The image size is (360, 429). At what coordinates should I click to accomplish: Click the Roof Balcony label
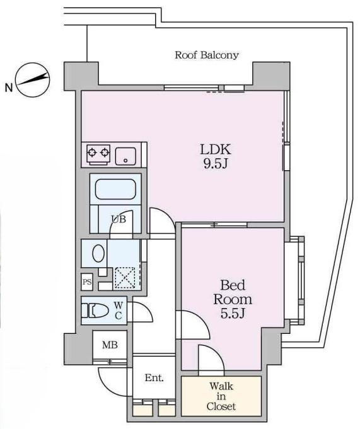coord(207,55)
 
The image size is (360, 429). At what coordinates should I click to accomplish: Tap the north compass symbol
coord(33,79)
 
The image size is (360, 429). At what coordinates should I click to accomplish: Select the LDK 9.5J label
coord(216,156)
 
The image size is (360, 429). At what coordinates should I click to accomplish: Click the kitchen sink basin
coord(125,156)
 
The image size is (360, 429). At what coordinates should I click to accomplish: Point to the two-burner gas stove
coord(98,155)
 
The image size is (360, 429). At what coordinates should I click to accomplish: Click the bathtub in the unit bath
coord(115,190)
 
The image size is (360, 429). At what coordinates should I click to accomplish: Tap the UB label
coord(119,219)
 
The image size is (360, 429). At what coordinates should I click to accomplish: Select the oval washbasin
coord(98,253)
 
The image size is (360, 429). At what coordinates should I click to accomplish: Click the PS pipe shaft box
coord(87,282)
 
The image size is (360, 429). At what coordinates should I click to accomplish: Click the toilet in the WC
coord(95,311)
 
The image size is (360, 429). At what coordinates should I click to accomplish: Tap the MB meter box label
coord(110,345)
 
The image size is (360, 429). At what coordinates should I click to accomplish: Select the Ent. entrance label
coord(154,378)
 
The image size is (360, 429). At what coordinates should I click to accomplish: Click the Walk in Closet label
coord(221,396)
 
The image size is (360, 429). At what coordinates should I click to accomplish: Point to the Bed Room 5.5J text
coord(233,299)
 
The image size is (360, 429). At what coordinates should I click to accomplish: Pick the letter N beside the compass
coord(9,88)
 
